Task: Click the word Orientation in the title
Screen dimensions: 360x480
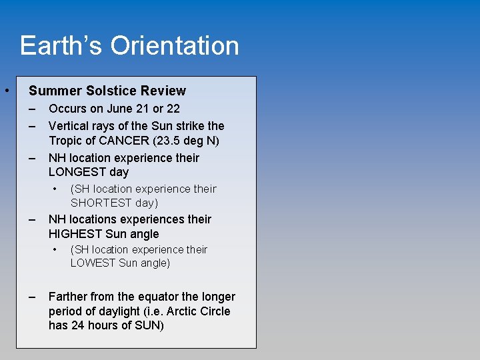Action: click(174, 46)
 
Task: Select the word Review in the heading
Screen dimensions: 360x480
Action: click(164, 91)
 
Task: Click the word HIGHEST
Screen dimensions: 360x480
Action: click(75, 234)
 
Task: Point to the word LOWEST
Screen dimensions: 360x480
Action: click(93, 263)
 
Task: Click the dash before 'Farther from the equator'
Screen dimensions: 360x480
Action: click(32, 297)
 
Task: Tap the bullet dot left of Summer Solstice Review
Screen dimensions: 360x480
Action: click(5, 90)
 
